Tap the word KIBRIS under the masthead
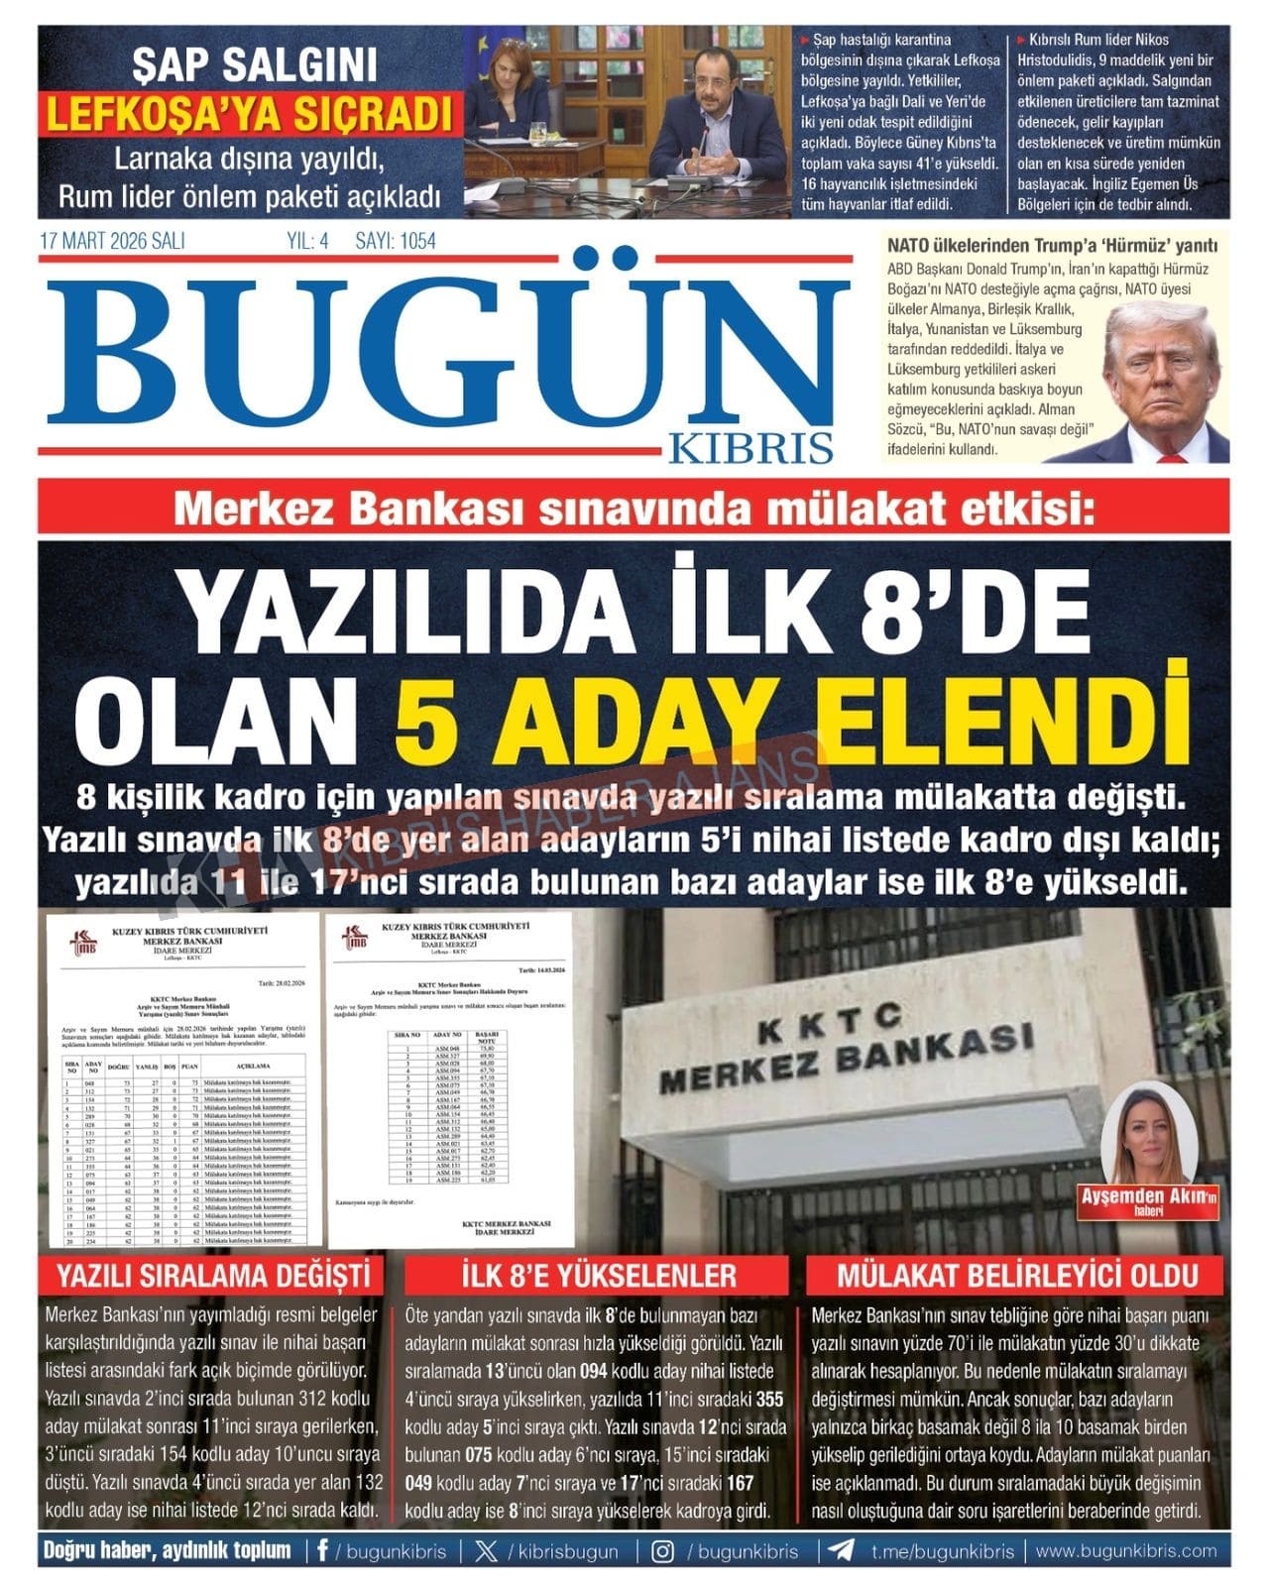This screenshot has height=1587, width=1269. tap(750, 448)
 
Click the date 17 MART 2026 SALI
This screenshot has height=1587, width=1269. tap(112, 241)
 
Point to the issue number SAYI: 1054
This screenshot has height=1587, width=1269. tap(395, 241)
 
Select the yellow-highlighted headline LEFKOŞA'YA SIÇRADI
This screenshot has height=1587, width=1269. tap(249, 115)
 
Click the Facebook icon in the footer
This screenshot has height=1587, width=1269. tap(322, 1551)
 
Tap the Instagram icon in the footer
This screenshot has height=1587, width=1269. tap(663, 1551)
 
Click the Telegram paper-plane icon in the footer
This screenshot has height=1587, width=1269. tap(842, 1551)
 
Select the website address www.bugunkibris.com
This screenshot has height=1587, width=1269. tap(1126, 1551)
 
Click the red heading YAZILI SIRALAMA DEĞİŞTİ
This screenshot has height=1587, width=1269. tap(213, 1275)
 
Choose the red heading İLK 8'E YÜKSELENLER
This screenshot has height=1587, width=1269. tap(598, 1275)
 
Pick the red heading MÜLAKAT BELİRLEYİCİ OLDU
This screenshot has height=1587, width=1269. tap(1017, 1275)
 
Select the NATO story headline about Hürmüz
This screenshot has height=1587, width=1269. tap(1052, 246)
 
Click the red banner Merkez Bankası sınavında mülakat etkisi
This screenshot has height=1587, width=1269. tap(634, 509)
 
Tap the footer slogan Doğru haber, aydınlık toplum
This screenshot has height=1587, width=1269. tap(167, 1551)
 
